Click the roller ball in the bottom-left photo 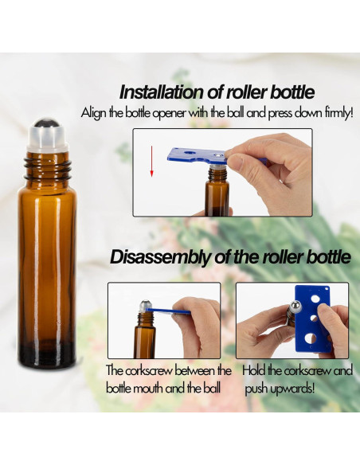[149, 303]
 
